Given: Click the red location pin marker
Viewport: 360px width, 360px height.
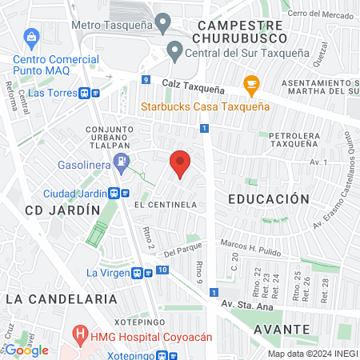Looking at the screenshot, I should coord(181,164).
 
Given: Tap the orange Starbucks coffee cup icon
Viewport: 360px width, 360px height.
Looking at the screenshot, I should coord(251,84).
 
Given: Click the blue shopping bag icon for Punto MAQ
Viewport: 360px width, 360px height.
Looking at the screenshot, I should coord(31,37).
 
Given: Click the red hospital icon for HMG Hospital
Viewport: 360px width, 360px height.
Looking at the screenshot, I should coord(80,333).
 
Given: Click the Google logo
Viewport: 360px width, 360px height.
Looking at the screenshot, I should coord(27,350).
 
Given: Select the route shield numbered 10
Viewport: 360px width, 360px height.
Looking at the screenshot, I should coord(162,271).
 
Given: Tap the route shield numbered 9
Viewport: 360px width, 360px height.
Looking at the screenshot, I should coord(146,79).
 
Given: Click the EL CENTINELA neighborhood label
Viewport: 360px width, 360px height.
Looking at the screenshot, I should coord(166,205).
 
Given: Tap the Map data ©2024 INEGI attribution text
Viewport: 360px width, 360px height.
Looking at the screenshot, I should coord(312,354).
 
